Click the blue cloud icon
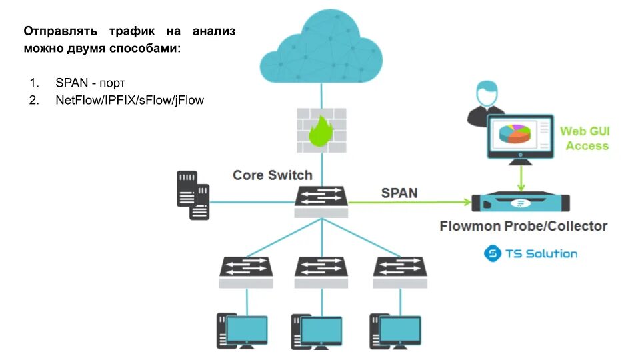[321, 46]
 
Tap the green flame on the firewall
[321, 131]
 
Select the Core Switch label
[272, 175]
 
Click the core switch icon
[321, 201]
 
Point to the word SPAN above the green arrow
[399, 193]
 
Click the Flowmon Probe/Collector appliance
[521, 201]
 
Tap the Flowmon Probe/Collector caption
[523, 226]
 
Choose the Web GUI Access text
[585, 139]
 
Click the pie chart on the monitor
[515, 133]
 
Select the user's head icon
[487, 93]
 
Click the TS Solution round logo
[492, 253]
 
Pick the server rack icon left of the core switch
[193, 195]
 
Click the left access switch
[246, 272]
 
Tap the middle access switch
[321, 272]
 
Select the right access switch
[400, 272]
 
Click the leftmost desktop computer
[242, 331]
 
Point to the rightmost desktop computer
[395, 331]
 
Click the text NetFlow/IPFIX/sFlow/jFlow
[129, 101]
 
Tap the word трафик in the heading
[132, 31]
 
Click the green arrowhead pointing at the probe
[468, 201]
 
